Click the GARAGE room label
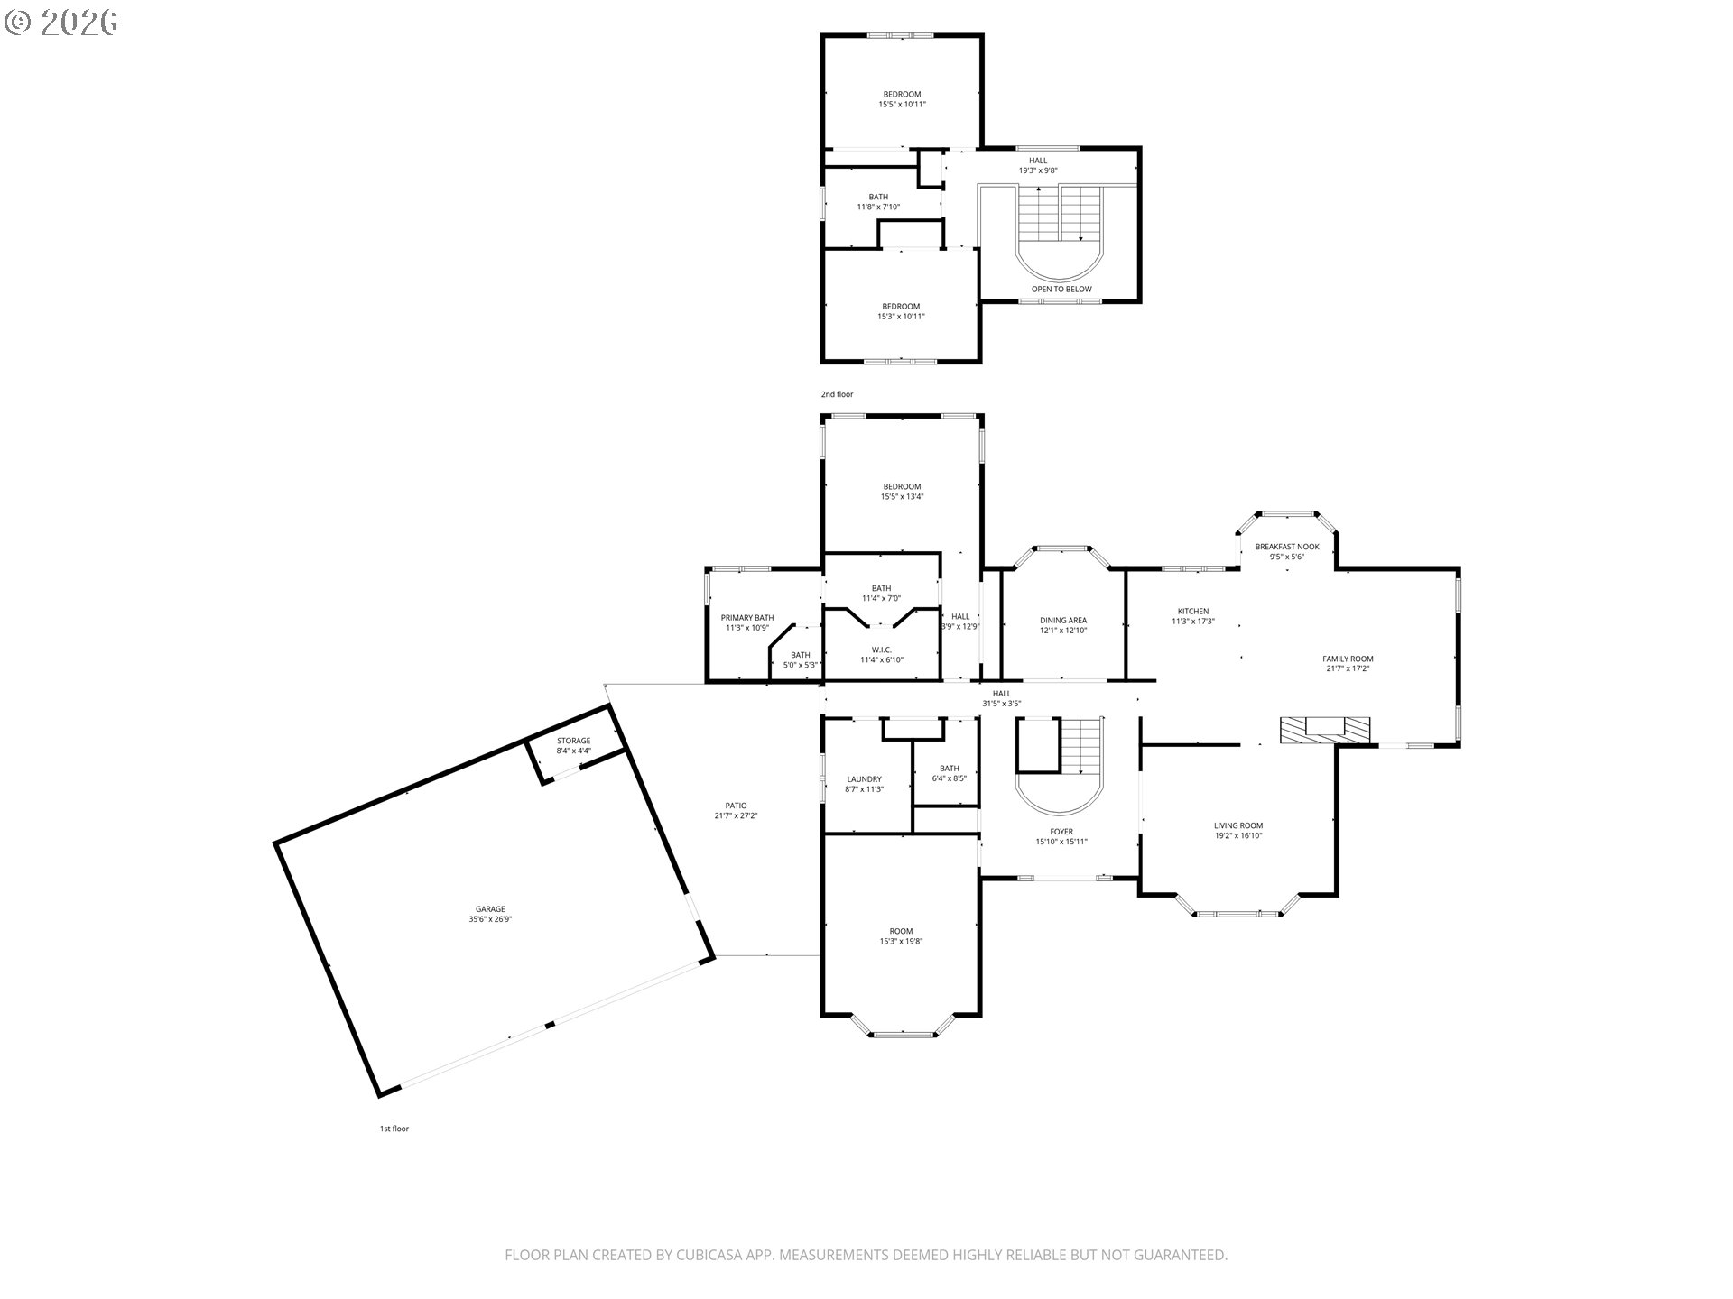(490, 909)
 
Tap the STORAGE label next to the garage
(573, 741)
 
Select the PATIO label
(736, 806)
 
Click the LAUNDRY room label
(864, 779)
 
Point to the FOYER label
(1061, 832)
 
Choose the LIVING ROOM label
(1238, 825)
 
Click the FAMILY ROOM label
(1348, 659)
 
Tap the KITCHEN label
(1193, 611)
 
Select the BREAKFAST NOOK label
(1287, 547)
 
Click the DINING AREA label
(1063, 620)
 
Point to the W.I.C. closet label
(882, 649)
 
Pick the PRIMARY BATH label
(747, 618)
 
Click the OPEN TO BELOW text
(1061, 290)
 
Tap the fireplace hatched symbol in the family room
(1325, 729)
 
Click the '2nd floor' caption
(837, 394)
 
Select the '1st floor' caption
(394, 1129)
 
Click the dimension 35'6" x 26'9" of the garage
(490, 919)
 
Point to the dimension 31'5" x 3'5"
(1002, 704)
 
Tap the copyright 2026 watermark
(60, 22)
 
